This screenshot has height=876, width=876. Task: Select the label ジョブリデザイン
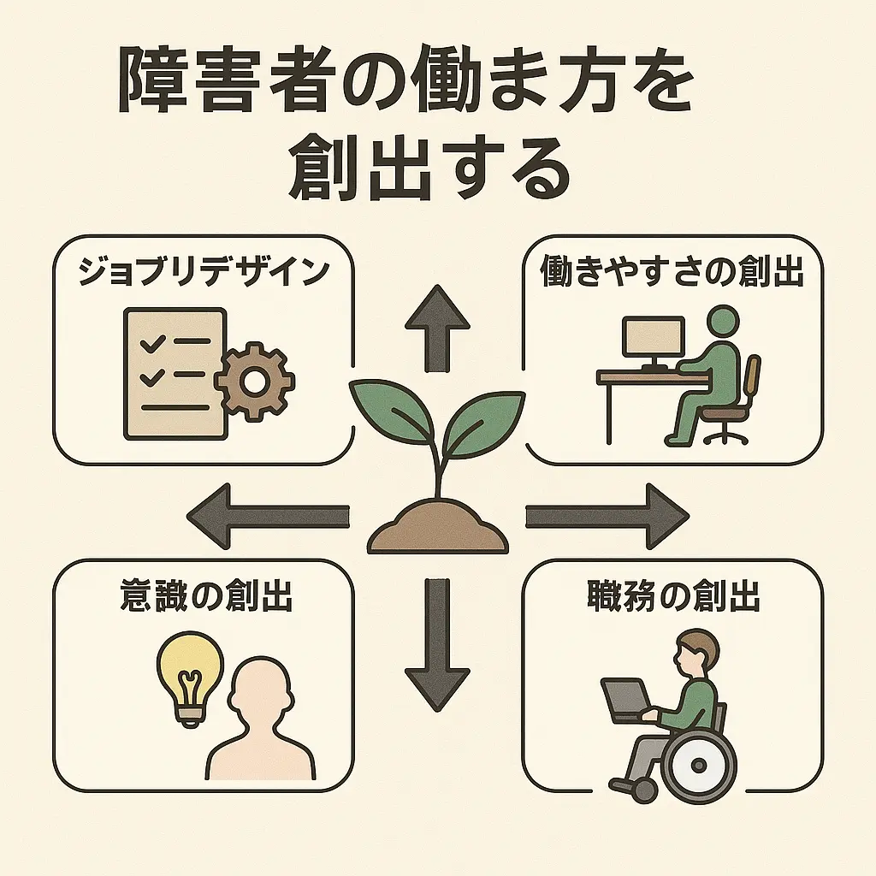[204, 271]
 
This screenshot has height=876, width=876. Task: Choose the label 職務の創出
[673, 597]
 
